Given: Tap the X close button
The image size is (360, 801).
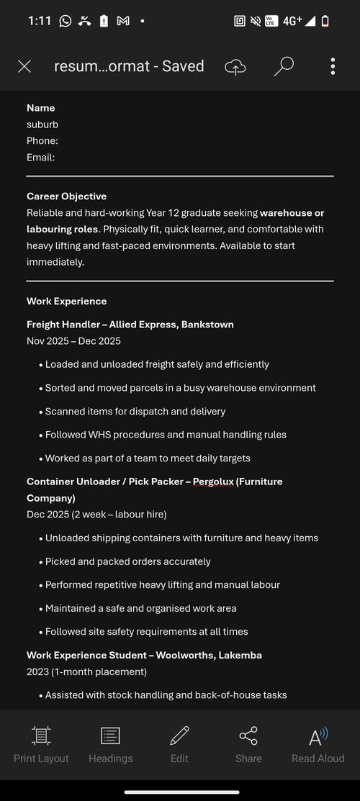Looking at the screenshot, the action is point(24,66).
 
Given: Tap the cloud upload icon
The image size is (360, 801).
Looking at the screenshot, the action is point(235,66).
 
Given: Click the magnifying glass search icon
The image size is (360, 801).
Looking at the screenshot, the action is point(284,66).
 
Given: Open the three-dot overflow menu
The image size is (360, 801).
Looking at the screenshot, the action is point(333,66).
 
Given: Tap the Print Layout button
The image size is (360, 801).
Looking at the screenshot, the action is point(41,744).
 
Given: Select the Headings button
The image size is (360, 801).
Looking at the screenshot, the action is point(110,744).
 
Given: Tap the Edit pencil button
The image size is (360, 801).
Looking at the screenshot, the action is point(179,744).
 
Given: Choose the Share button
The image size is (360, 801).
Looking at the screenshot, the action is point(248,744).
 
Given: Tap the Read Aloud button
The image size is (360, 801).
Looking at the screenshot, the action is point(318,744).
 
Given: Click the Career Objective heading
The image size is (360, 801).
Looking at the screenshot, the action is point(66,196).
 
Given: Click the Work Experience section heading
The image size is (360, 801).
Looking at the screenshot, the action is point(66,302).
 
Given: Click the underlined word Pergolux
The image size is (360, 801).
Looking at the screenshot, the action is point(214,481).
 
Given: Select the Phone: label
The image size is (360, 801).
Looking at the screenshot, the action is point(42,141).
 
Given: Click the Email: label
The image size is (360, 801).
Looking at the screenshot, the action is point(40,158).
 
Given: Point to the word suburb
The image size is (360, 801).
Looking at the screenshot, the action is point(42,125).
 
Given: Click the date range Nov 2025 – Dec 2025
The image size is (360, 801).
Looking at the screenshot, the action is point(73,341).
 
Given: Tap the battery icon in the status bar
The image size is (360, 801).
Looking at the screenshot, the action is point(325,21).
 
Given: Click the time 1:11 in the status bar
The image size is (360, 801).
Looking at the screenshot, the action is point(40,21).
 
